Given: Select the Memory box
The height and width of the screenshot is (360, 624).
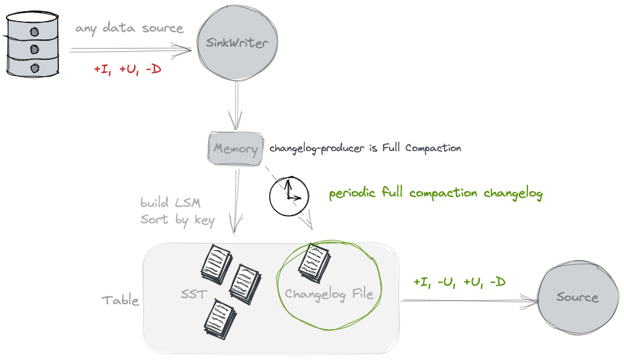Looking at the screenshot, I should coord(235,148).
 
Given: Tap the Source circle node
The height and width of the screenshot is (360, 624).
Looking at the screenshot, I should coord(577,297).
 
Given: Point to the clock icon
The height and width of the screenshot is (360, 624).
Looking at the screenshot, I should coord(288,195).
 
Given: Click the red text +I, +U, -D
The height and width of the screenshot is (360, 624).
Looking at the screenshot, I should coord(127,69).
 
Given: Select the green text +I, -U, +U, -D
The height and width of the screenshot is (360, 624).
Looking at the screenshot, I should coord(459,282).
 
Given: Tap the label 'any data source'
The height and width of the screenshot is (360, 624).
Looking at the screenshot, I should coord(129,28).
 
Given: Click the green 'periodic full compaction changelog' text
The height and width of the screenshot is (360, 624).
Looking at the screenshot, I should coord(435,194).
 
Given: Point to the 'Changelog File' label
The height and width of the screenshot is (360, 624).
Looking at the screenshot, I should coord(328,294).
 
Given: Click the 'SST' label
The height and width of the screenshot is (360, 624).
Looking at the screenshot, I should coord(193,294).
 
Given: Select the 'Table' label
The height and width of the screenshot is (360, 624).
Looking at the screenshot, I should coord(120,300).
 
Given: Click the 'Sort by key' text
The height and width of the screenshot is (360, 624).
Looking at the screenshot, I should coord(177,219).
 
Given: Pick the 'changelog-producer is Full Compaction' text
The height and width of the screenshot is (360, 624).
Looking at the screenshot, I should coord(365,148).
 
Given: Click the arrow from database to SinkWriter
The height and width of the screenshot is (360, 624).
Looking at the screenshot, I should coord(131,48).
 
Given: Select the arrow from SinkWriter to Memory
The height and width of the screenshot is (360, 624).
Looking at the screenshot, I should coord(236,105).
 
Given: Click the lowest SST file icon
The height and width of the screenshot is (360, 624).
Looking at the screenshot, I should coord(220,317).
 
